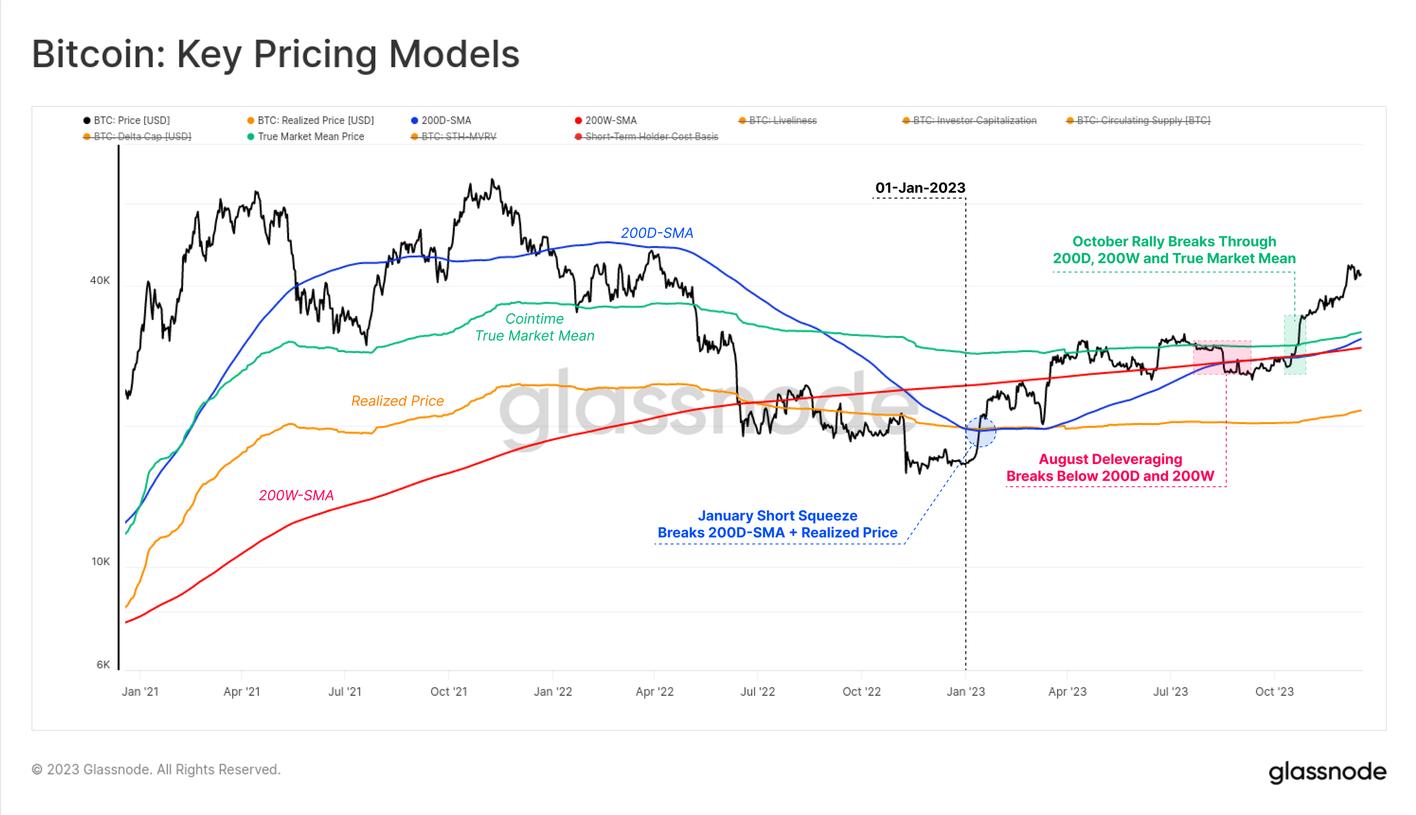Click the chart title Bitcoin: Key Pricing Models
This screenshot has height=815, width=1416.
(x=276, y=54)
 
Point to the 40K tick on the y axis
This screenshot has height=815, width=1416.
(x=100, y=280)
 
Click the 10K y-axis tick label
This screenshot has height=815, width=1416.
(x=100, y=561)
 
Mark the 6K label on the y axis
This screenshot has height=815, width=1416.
(x=103, y=665)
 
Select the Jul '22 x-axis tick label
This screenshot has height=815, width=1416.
(x=758, y=691)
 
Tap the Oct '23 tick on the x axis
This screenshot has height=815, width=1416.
(x=1274, y=691)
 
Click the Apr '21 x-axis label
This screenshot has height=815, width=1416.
(x=241, y=691)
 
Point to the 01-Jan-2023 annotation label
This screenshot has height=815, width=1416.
(x=920, y=188)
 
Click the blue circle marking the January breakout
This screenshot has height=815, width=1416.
(x=981, y=432)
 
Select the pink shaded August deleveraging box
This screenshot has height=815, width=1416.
(x=1222, y=357)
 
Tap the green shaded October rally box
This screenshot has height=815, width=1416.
(x=1295, y=345)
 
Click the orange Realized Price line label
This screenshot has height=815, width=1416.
(x=397, y=401)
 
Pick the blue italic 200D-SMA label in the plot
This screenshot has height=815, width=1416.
(x=657, y=233)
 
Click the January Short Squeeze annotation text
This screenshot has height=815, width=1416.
(x=777, y=524)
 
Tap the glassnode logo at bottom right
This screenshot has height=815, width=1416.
(x=1327, y=771)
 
